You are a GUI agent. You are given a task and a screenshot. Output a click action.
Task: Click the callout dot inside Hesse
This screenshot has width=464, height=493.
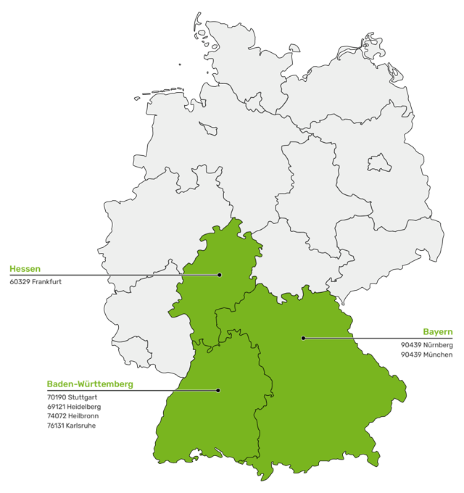[219, 275]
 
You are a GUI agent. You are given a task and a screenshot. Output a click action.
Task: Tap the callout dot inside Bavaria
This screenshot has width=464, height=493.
[303, 338]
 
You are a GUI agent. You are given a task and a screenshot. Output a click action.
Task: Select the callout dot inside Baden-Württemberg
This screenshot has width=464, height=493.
[218, 390]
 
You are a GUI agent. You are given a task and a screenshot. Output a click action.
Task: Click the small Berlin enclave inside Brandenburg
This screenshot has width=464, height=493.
[378, 162]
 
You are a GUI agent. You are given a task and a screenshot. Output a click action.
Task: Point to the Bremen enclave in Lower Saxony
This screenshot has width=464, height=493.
[208, 128]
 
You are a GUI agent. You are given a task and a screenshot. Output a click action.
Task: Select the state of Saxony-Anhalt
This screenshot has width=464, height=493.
[308, 181]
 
